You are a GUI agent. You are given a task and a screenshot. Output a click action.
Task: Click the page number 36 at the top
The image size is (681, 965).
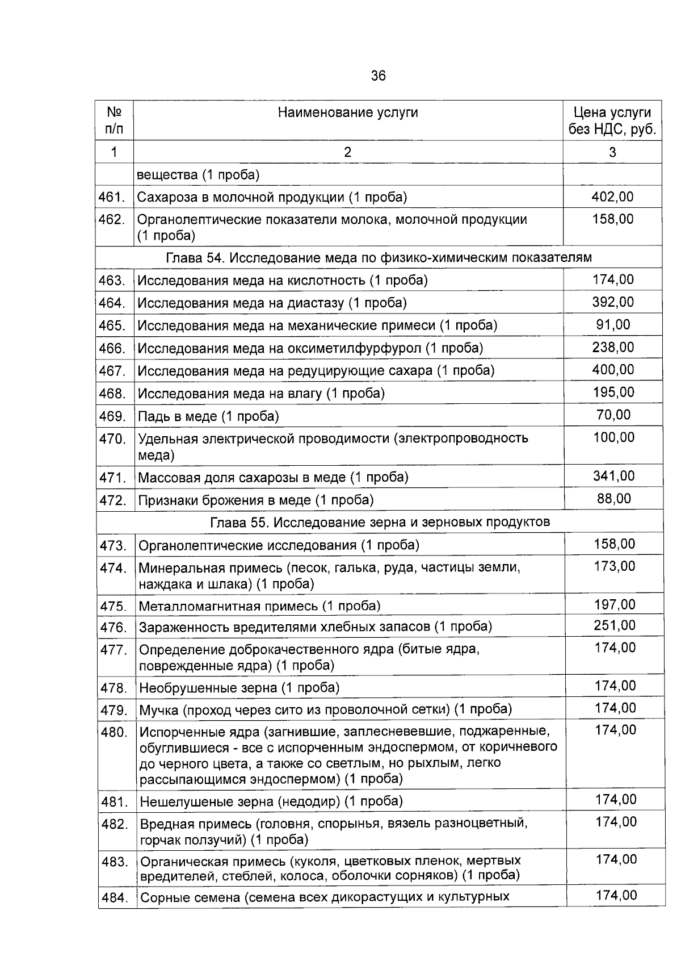pos(378,76)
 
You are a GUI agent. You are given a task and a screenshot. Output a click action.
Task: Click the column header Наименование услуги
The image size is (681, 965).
pos(347,112)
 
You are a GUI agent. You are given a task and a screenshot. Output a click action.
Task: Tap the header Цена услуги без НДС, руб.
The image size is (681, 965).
pos(612,121)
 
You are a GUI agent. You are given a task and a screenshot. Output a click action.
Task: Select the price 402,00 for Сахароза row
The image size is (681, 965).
pos(612,197)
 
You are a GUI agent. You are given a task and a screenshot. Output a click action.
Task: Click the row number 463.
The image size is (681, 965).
pos(112,280)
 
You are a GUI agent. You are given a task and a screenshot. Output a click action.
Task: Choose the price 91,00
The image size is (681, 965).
pos(613,324)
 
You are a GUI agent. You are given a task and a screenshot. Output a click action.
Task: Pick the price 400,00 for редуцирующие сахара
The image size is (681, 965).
pos(613,370)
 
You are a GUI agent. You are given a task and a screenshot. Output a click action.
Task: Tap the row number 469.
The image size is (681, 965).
pos(112,416)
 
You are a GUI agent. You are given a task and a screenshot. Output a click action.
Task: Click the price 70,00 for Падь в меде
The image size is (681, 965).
pos(613,415)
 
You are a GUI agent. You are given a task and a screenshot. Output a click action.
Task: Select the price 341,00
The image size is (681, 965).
pos(613,476)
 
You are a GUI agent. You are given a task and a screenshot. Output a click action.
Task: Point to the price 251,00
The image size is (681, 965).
pos(615,625)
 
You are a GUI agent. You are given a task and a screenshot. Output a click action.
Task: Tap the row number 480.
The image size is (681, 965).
pos(114,732)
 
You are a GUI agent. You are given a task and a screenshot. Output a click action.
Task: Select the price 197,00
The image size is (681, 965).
pos(615,604)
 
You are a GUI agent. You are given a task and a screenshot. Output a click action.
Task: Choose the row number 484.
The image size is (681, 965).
pos(114,899)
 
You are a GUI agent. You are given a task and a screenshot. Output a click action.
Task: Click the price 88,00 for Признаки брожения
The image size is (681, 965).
pos(613,498)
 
